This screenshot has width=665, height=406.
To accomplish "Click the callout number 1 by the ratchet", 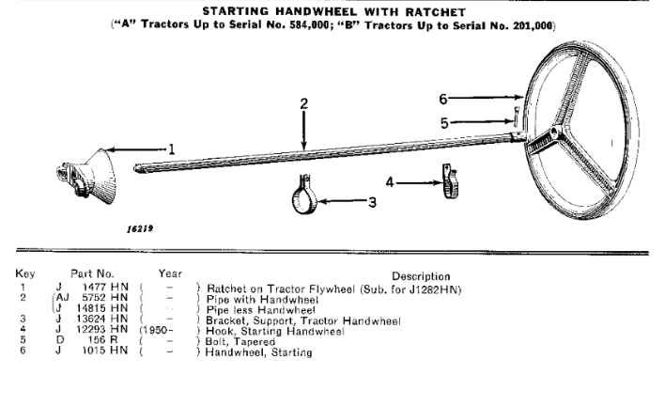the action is pyautogui.click(x=171, y=149).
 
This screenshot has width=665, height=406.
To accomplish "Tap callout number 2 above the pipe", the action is pyautogui.click(x=303, y=104).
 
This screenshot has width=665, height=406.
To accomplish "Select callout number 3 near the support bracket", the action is pyautogui.click(x=372, y=202).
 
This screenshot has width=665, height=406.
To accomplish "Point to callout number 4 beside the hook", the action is pyautogui.click(x=390, y=182).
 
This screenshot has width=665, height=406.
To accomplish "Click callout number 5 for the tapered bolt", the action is pyautogui.click(x=444, y=123).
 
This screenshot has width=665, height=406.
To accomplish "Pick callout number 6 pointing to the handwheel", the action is pyautogui.click(x=442, y=99).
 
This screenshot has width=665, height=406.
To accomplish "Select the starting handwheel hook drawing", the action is pyautogui.click(x=450, y=181).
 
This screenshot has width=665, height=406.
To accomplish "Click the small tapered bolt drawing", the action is pyautogui.click(x=516, y=117).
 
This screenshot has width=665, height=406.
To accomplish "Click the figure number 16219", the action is pyautogui.click(x=140, y=228).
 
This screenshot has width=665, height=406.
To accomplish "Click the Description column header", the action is pyautogui.click(x=421, y=276).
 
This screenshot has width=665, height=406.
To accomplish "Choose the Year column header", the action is pyautogui.click(x=170, y=273).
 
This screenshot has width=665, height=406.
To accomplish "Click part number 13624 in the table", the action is pyautogui.click(x=90, y=319).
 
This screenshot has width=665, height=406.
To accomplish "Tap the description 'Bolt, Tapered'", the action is pyautogui.click(x=240, y=341).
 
